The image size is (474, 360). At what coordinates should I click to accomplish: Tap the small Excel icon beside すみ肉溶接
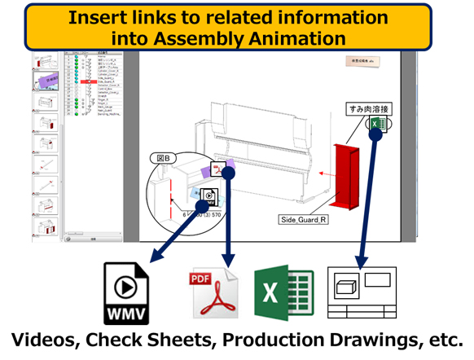377,124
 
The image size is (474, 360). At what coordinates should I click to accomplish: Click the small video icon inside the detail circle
209,195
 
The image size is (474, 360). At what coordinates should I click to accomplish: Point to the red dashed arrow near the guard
326,173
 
